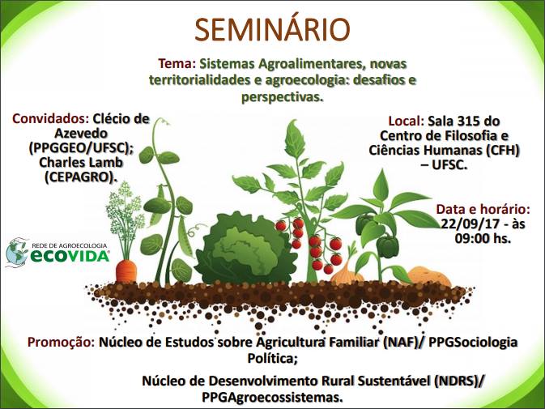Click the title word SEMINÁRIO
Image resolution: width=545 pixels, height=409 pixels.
pos(272,29)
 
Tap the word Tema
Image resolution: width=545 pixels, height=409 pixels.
pos(175,64)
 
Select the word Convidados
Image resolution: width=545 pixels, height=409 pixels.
pos(49,119)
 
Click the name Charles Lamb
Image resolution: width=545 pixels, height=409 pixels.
pos(81,163)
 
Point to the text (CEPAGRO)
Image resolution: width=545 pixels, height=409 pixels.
pos(79,177)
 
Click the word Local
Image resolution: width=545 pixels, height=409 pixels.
pos(403,121)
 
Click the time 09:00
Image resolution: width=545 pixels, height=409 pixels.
pos(471,238)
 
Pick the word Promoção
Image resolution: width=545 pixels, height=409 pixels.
pos(61,343)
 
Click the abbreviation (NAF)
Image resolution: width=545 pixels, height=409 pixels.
pos(400,343)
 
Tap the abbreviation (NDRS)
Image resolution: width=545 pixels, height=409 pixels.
pos(455,381)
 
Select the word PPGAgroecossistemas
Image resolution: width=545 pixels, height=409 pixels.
pos(272,397)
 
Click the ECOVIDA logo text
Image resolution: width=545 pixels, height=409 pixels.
pos(70,256)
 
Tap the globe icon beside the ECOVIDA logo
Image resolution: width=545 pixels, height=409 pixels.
pos(17,253)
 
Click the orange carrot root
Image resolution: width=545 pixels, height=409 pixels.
pos(126,271)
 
